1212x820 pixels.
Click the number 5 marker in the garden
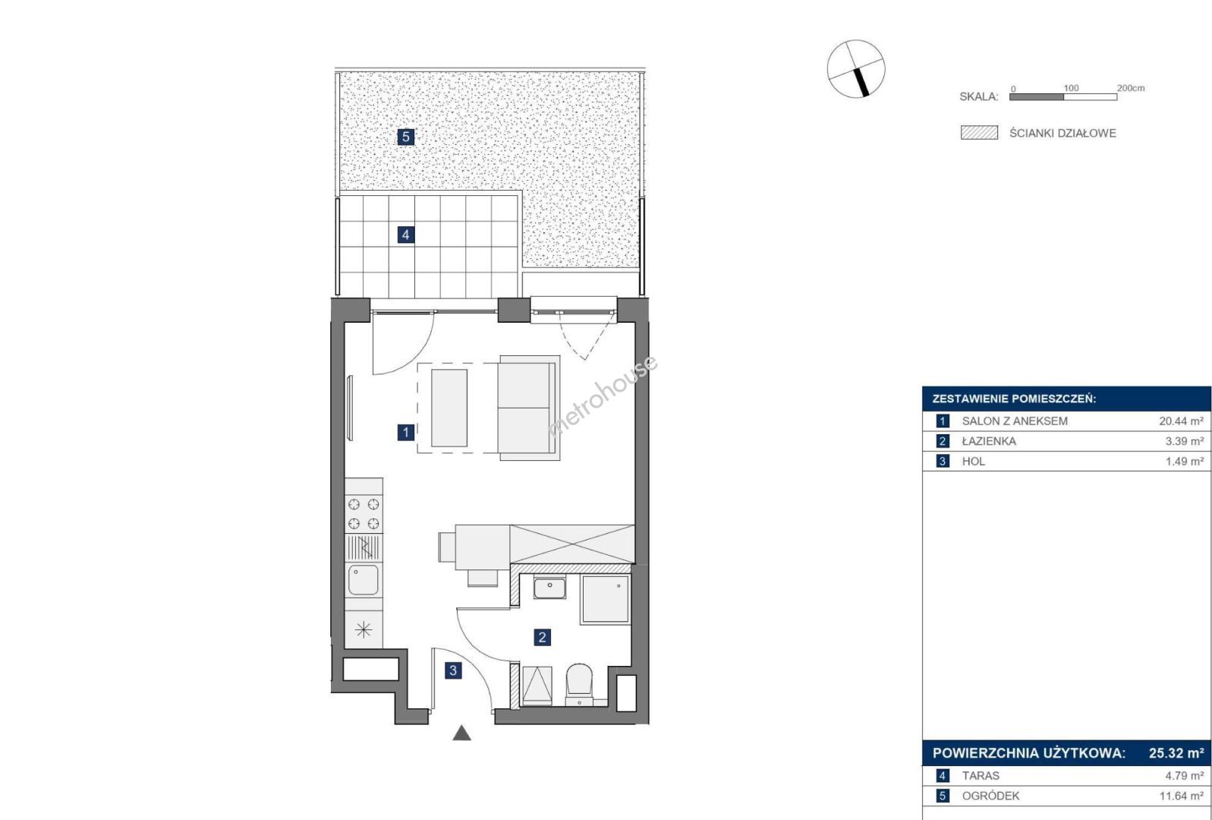(406, 137)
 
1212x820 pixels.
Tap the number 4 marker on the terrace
(406, 235)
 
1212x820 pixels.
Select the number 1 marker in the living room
(406, 433)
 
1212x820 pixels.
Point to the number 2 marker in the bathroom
(542, 637)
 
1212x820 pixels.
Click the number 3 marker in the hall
(453, 670)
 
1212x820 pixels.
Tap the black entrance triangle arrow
(461, 733)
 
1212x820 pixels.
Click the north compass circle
(856, 69)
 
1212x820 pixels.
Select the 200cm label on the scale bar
(1131, 87)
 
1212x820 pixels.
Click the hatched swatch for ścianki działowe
(979, 133)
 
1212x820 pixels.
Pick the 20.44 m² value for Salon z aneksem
(1181, 421)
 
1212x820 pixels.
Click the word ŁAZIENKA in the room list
(989, 441)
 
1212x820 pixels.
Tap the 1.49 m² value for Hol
(1185, 461)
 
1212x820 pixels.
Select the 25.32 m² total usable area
(1176, 753)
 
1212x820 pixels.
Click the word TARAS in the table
(981, 776)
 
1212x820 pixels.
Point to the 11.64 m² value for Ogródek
(1181, 796)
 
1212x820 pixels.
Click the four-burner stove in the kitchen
(364, 514)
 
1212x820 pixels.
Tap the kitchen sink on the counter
(364, 579)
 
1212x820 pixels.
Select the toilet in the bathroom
(579, 684)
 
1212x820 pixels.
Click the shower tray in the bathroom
(606, 598)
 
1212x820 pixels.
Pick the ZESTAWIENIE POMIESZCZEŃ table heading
(1014, 399)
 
